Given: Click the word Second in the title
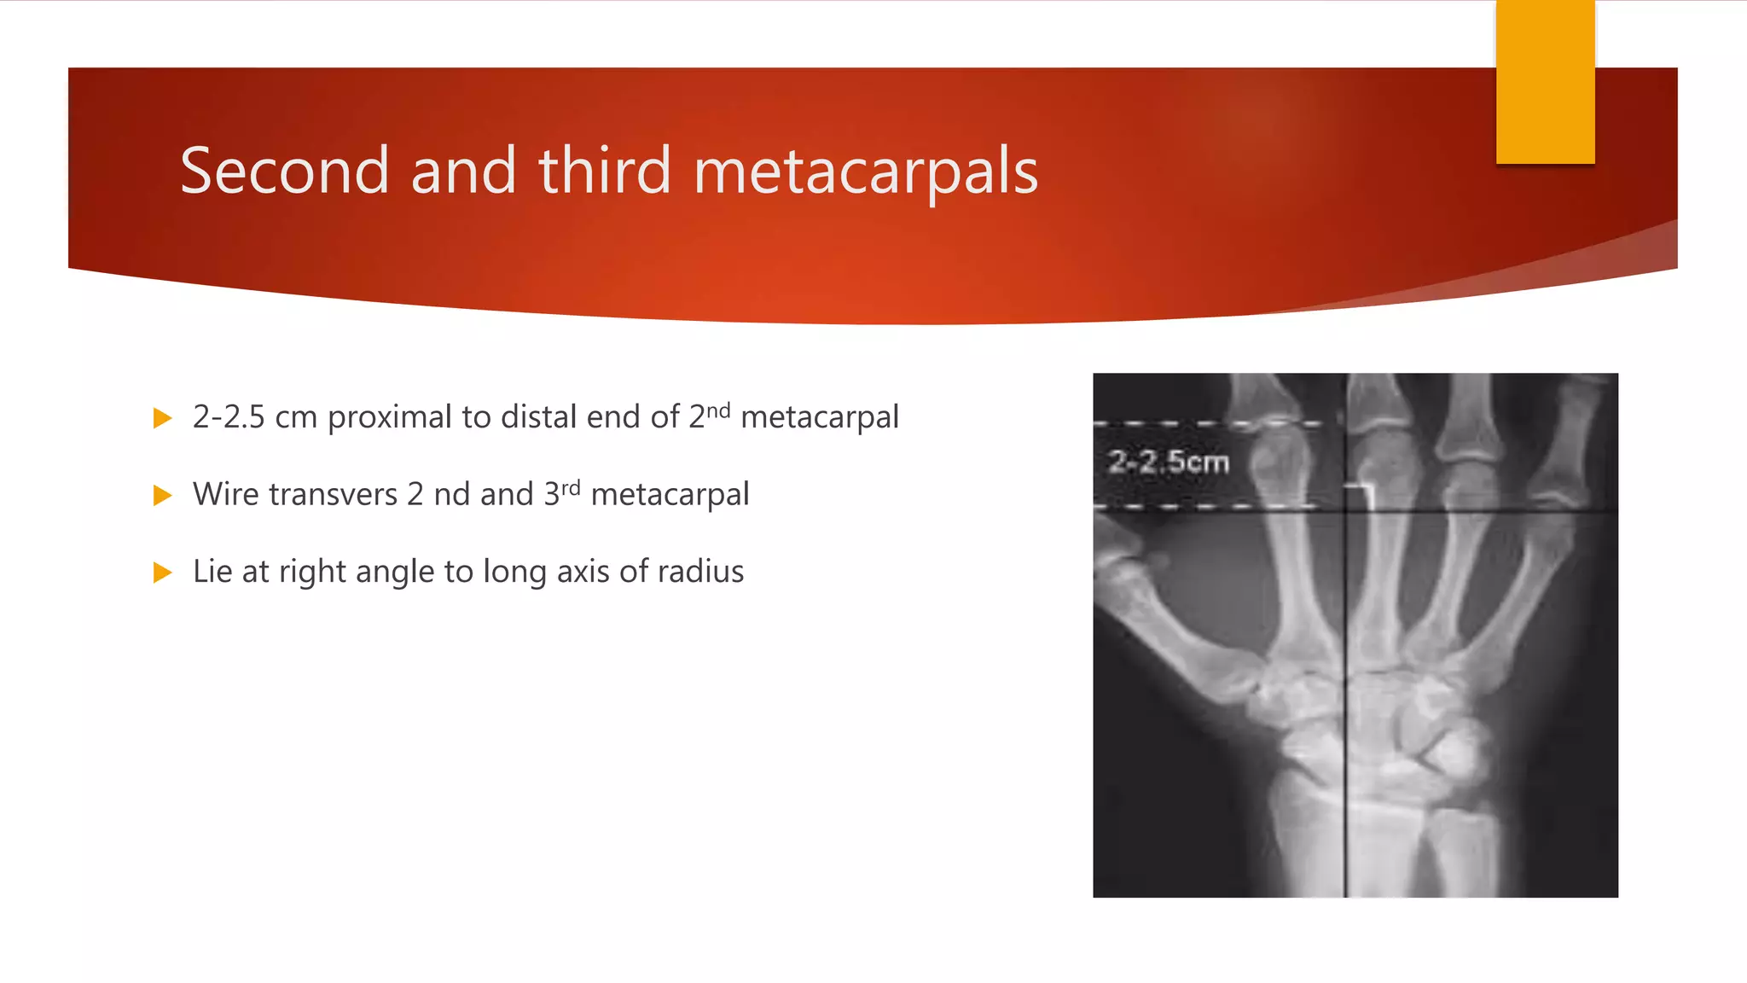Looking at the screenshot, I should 284,171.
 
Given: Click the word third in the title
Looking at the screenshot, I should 605,171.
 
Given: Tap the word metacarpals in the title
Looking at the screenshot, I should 866,172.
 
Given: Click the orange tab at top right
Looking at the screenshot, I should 1545,82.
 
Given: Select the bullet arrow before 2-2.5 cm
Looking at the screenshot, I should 162,418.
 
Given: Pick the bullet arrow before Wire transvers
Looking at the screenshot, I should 162,495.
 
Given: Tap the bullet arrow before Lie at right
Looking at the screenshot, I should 162,572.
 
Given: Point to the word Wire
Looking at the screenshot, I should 223,494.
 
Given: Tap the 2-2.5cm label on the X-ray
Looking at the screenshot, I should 1169,462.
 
